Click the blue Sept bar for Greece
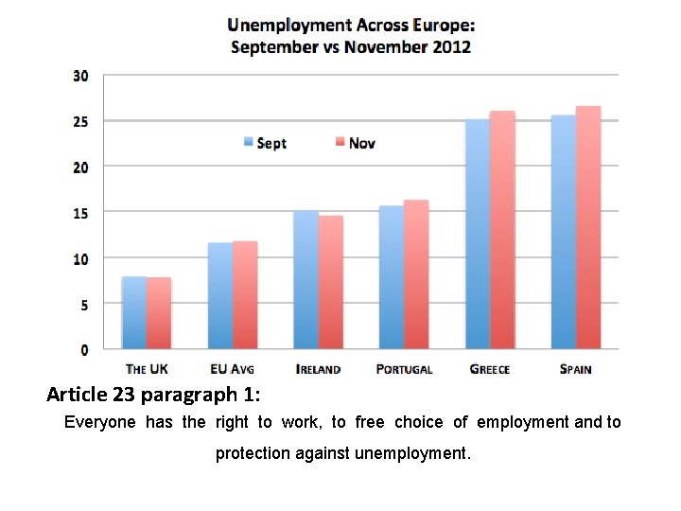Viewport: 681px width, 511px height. click(477, 235)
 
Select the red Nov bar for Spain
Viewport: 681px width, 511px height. click(588, 228)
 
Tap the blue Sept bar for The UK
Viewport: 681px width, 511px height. click(134, 313)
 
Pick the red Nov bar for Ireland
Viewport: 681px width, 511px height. click(331, 283)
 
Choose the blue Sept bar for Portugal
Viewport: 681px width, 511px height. click(391, 277)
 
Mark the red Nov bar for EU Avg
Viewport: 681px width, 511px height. click(245, 295)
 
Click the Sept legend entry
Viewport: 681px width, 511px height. click(265, 143)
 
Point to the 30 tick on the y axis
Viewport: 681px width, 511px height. click(81, 76)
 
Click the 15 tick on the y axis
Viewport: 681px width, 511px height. click(81, 213)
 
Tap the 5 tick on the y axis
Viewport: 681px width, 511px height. click(83, 305)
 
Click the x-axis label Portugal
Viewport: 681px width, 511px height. click(404, 369)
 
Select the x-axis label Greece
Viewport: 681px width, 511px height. click(489, 369)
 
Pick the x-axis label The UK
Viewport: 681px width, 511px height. click(147, 369)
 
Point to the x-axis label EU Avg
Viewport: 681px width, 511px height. click(233, 369)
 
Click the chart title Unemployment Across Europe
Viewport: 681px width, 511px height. click(351, 26)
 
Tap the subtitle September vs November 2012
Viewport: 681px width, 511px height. click(351, 46)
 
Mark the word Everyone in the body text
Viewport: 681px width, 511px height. click(99, 422)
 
